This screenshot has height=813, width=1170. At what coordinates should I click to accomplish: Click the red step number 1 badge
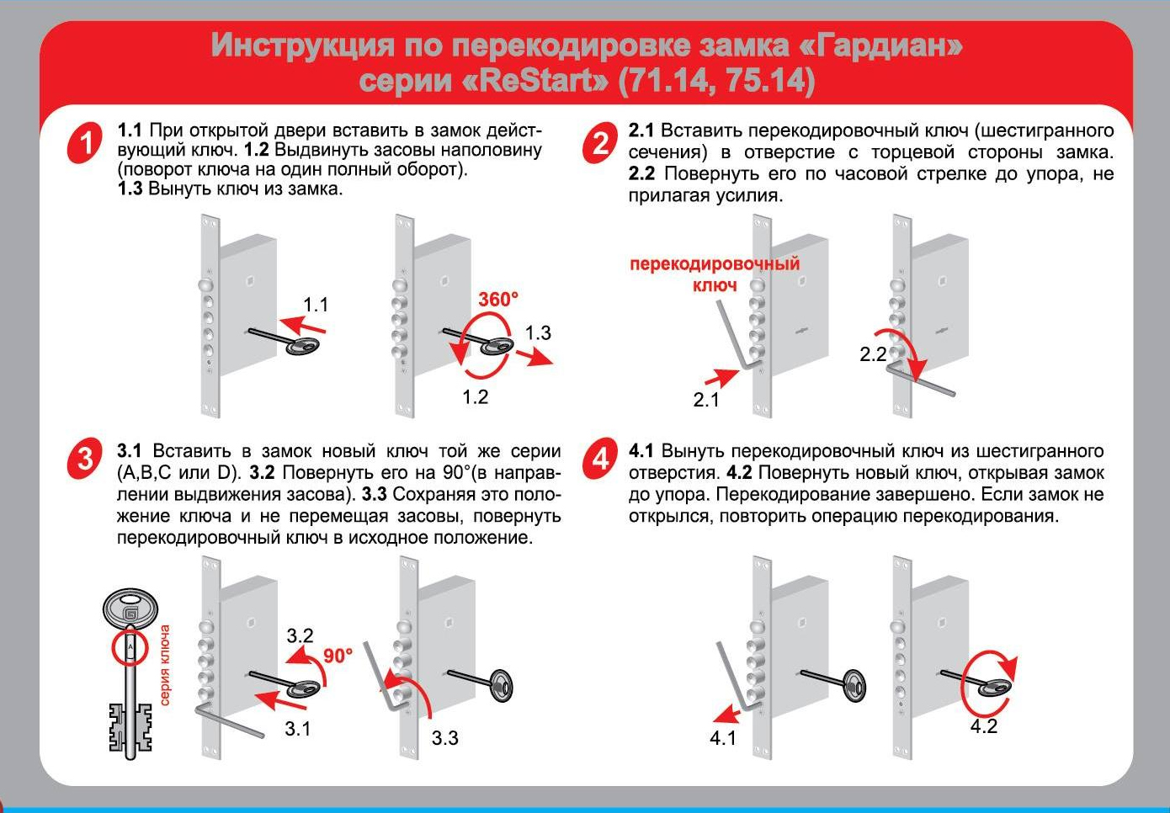click(85, 142)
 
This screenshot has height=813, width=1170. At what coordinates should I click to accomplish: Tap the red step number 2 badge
click(600, 142)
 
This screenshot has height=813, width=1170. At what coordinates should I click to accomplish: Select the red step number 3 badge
click(85, 459)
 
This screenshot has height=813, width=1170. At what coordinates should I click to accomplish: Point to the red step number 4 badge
click(600, 459)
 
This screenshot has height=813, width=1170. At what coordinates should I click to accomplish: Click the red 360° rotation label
click(498, 300)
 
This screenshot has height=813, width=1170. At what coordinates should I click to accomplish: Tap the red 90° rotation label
click(338, 656)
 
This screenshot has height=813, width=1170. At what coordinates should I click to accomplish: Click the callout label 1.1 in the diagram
click(316, 305)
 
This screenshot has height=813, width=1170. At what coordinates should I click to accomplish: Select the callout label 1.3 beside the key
click(538, 332)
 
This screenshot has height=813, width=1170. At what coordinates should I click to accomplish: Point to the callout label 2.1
click(706, 400)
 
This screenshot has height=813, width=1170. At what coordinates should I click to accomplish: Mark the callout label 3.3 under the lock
click(444, 738)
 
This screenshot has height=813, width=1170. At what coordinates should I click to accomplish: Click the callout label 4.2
click(983, 726)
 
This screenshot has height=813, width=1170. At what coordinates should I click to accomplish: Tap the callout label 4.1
click(723, 738)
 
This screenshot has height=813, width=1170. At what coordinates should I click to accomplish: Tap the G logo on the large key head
click(130, 613)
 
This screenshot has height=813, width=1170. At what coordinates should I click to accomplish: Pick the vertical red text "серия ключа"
click(165, 665)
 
